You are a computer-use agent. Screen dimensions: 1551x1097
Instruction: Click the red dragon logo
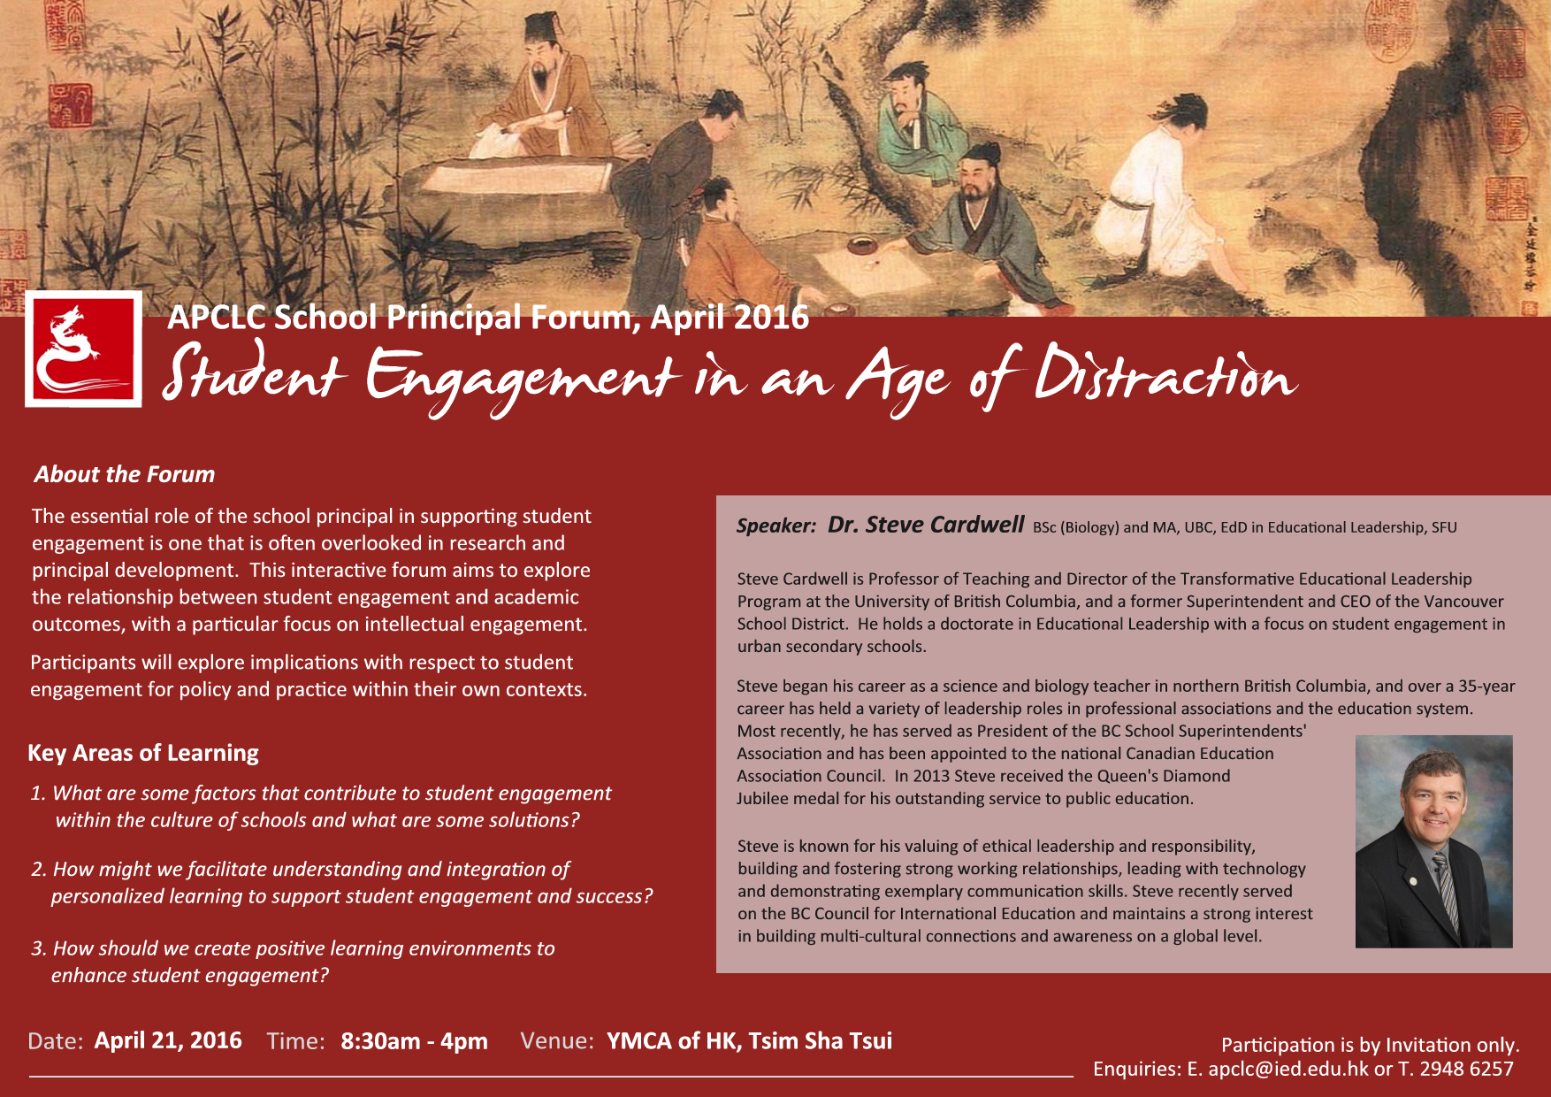[x=83, y=349]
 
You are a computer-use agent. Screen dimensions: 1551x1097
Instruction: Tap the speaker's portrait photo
[x=1433, y=841]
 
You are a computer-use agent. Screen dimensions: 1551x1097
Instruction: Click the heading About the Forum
[x=125, y=474]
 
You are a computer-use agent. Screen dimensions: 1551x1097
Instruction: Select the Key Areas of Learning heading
[x=143, y=753]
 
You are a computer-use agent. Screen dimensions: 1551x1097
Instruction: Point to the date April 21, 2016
[x=168, y=1040]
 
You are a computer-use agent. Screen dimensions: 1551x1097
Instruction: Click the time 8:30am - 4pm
[x=414, y=1040]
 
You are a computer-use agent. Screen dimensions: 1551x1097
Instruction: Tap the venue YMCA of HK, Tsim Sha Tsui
[x=749, y=1040]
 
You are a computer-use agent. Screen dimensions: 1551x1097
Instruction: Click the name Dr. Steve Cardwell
[x=926, y=525]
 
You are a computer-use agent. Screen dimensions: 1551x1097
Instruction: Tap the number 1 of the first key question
[x=36, y=794]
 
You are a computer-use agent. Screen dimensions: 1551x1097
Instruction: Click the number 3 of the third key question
[x=37, y=948]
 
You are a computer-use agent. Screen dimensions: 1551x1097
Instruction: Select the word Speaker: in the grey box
[x=776, y=526]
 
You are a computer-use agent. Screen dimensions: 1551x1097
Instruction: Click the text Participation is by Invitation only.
[x=1370, y=1045]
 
